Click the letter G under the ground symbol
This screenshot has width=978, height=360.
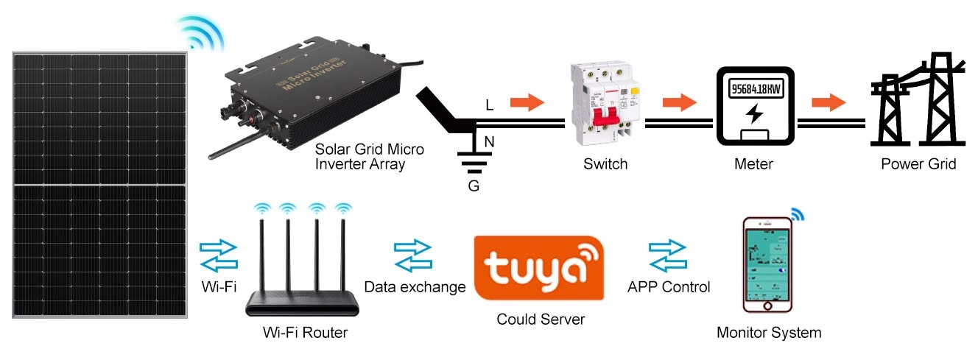tap(474, 186)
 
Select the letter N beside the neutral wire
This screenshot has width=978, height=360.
tap(489, 139)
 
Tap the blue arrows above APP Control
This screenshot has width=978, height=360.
tap(667, 255)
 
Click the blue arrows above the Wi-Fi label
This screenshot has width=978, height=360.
tap(219, 255)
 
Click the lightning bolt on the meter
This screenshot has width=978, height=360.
tap(754, 115)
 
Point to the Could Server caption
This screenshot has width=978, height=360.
tap(541, 320)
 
